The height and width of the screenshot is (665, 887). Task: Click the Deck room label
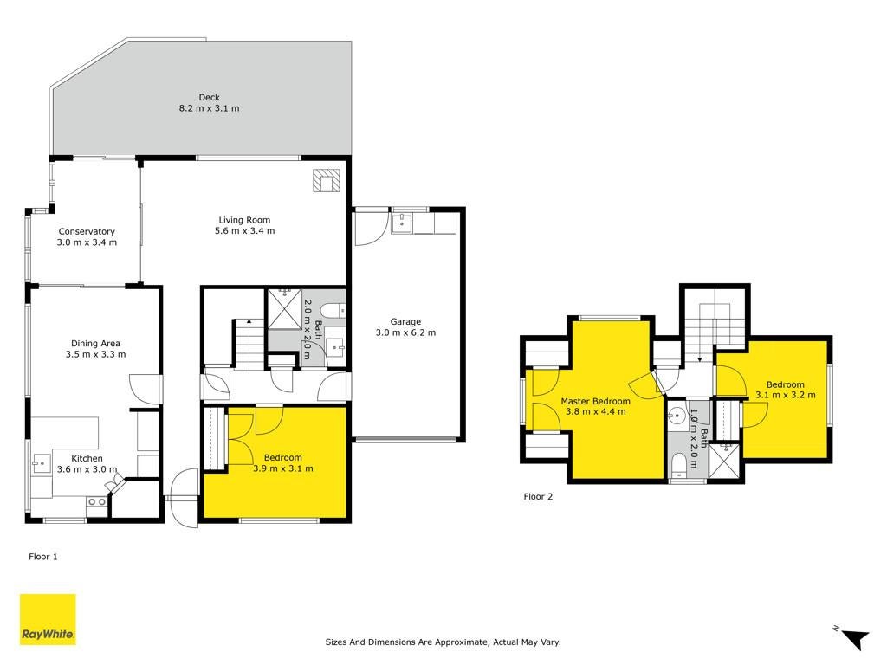[x=209, y=97]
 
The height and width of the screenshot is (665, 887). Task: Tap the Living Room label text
[x=244, y=220]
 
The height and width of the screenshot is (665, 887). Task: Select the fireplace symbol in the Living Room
[x=327, y=181]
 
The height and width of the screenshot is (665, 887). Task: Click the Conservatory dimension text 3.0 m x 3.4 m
[x=87, y=242]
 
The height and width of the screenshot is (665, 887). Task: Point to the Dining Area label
[x=95, y=343]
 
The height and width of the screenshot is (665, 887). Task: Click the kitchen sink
[x=41, y=464]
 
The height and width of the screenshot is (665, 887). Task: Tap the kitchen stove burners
[x=97, y=501]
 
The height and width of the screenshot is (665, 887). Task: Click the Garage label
[x=405, y=322]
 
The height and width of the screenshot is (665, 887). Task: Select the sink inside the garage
[x=402, y=223]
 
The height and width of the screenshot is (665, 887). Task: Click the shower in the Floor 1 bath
[x=284, y=309]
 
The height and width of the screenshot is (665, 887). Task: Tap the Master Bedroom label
[x=596, y=402]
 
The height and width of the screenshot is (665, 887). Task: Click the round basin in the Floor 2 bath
[x=677, y=417]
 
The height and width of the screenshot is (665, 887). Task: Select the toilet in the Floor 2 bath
[x=678, y=464]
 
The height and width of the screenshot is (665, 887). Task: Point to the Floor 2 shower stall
[x=724, y=462]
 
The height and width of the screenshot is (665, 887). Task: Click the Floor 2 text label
[x=538, y=496]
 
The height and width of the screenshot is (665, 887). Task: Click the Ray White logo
[x=49, y=619]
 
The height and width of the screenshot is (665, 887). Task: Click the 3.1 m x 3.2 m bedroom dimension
[x=786, y=395]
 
